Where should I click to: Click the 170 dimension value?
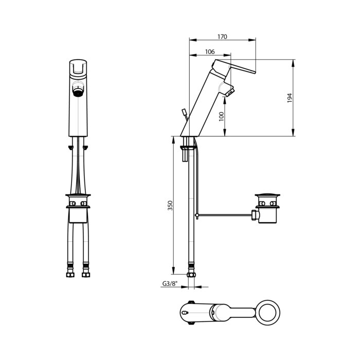pyautogui.click(x=222, y=37)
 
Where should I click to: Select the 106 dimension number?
pyautogui.click(x=210, y=51)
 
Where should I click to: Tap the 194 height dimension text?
pyautogui.click(x=290, y=98)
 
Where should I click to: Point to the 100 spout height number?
pyautogui.click(x=221, y=117)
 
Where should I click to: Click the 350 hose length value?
pyautogui.click(x=170, y=206)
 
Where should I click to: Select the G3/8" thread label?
pyautogui.click(x=170, y=283)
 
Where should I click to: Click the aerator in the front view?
pyautogui.click(x=78, y=91)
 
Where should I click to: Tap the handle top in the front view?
pyautogui.click(x=78, y=67)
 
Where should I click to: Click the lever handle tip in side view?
pyautogui.click(x=255, y=72)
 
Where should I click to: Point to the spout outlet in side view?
pyautogui.click(x=229, y=93)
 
